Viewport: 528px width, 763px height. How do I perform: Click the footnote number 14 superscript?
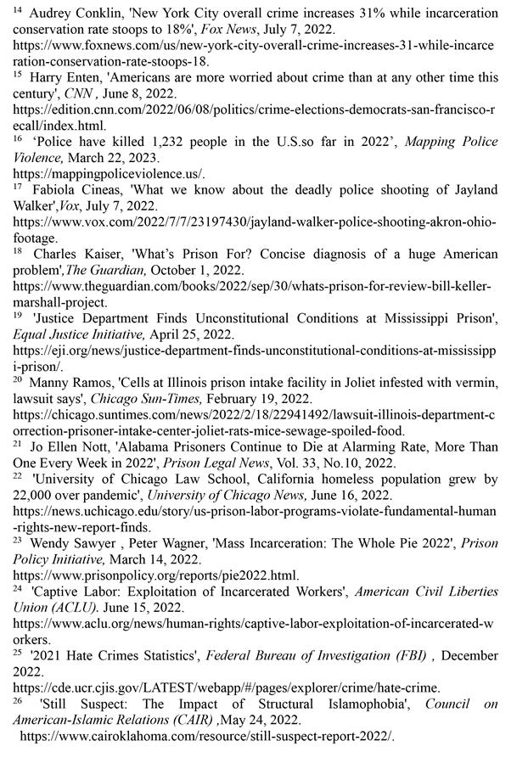[x=18, y=12]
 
